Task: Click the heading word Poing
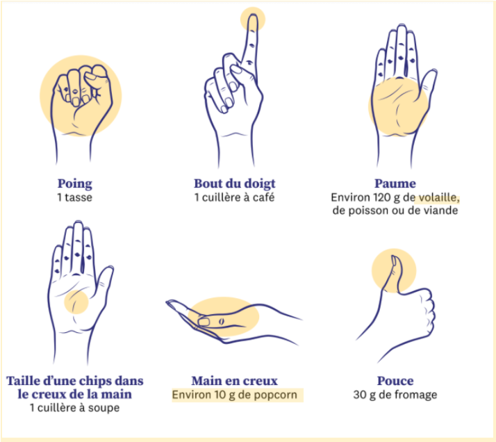(x=74, y=184)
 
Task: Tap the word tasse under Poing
(x=78, y=197)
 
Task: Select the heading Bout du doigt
(x=234, y=184)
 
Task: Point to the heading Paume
(x=395, y=183)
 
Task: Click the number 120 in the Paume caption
(x=382, y=197)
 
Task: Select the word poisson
(x=364, y=211)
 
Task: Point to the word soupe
(x=104, y=408)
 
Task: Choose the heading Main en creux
(x=234, y=381)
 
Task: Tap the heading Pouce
(x=395, y=381)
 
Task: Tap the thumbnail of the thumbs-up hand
(x=395, y=261)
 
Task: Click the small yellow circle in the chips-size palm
(x=76, y=302)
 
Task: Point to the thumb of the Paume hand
(x=428, y=83)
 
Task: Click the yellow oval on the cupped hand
(x=224, y=316)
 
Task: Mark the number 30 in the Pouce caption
(x=358, y=395)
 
